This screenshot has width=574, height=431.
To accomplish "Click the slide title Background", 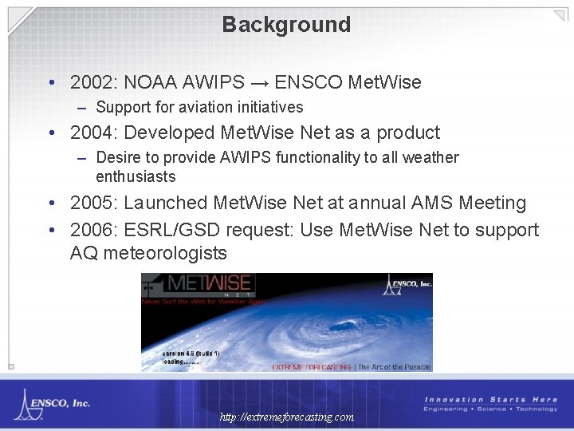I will (x=286, y=25).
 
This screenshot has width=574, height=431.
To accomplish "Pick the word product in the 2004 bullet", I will (x=408, y=132).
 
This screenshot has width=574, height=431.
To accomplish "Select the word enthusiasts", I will (x=136, y=176).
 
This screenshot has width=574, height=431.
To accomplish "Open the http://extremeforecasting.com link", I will (x=287, y=417).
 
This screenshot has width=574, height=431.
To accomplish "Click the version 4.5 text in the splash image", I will (x=191, y=352).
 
